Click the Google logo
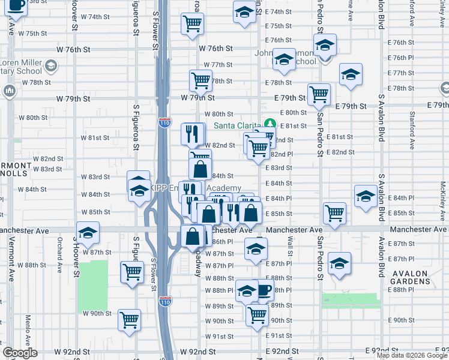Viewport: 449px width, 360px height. tap(20, 353)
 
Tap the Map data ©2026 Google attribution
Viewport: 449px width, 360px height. tap(412, 355)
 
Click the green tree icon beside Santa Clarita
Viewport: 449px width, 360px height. tap(270, 124)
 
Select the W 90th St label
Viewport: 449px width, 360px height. tap(97, 313)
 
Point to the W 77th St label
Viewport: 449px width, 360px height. tap(217, 65)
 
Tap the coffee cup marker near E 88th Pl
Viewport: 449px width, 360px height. tap(264, 291)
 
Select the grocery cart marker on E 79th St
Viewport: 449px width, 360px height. tap(319, 93)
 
